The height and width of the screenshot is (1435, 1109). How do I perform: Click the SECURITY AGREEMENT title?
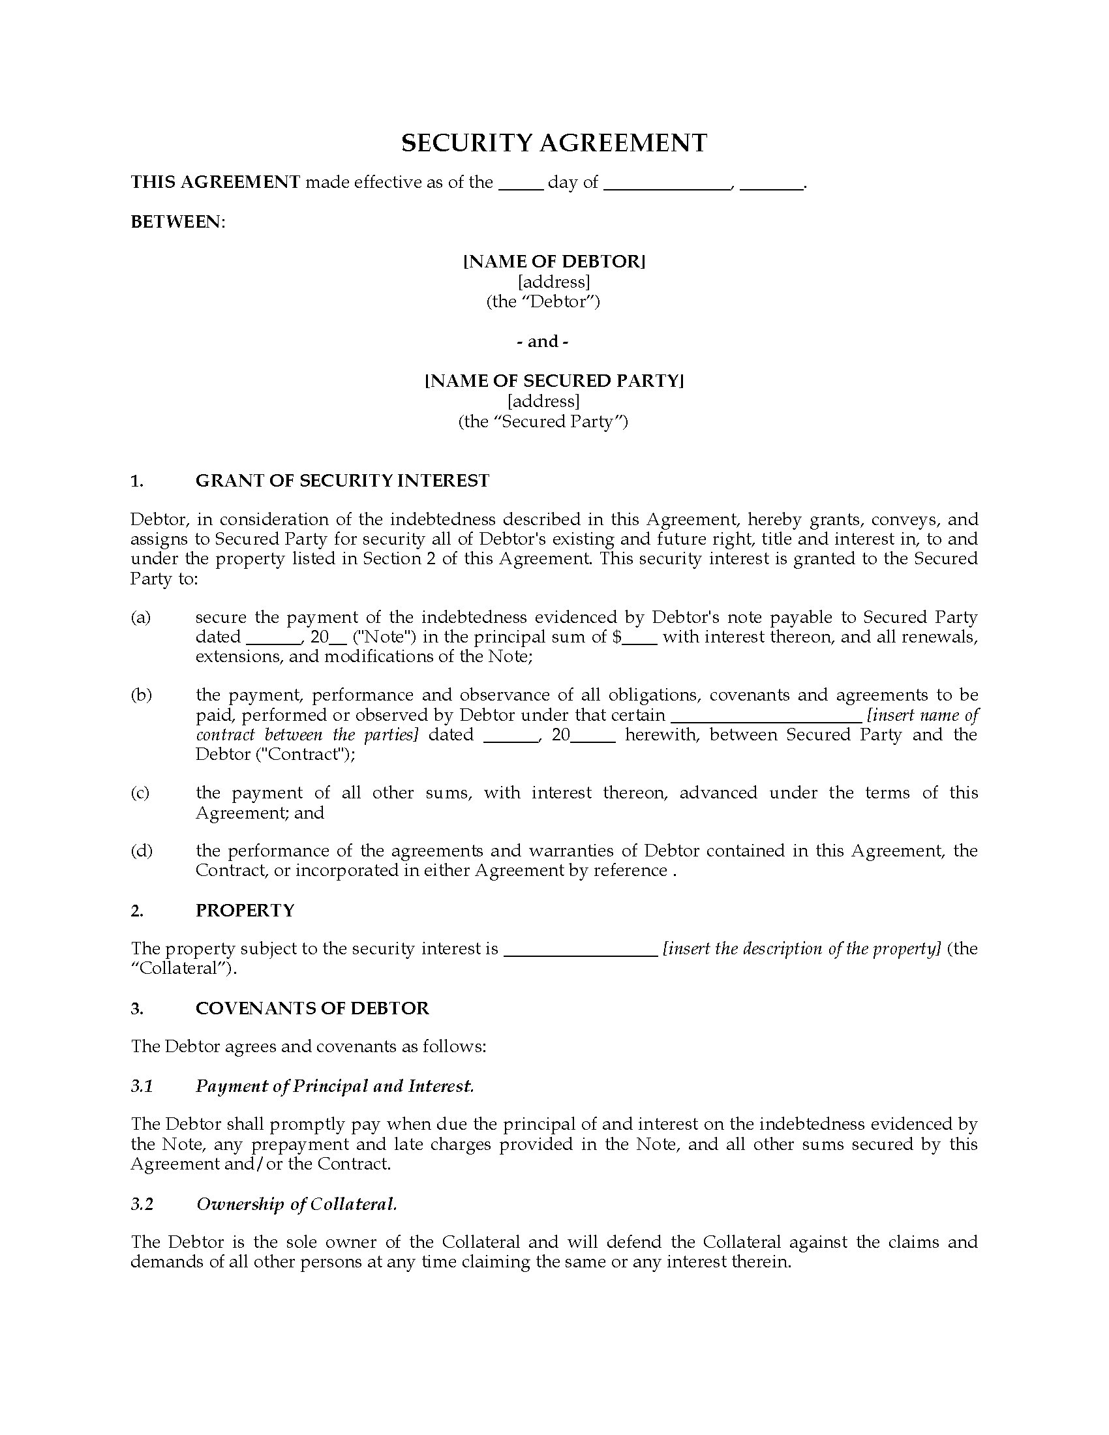(x=554, y=143)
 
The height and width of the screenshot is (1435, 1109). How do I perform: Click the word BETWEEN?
(x=177, y=222)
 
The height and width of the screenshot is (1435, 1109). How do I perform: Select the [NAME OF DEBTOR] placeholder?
(x=554, y=262)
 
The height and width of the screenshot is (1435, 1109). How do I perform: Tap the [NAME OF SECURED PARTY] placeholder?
(x=554, y=381)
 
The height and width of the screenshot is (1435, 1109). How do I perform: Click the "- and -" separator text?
(x=543, y=342)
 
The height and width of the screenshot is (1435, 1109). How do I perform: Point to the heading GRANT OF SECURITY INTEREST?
(x=342, y=481)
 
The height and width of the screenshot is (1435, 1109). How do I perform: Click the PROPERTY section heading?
(x=245, y=910)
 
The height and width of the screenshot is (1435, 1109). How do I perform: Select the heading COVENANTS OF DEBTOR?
(x=312, y=1008)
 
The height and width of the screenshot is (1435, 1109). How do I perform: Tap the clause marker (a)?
(x=141, y=617)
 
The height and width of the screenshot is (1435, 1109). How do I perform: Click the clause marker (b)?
(x=141, y=695)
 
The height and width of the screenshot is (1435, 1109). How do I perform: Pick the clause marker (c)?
(x=141, y=793)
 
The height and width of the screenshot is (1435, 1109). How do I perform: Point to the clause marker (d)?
(x=141, y=851)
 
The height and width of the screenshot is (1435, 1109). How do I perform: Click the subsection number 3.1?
(x=142, y=1086)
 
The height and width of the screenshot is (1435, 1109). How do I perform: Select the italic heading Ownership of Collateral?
(x=297, y=1203)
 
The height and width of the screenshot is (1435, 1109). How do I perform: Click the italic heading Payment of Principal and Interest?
(x=335, y=1086)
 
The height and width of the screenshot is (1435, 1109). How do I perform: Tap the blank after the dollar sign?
(x=640, y=638)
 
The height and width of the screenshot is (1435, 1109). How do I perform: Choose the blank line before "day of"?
(x=521, y=184)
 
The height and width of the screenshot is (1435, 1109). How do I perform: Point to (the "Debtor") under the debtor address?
(x=543, y=301)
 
